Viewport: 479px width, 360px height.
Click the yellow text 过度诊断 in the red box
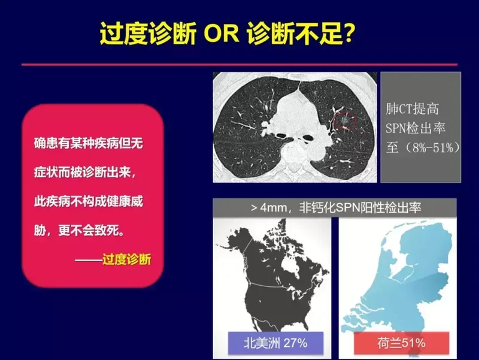[x=127, y=259]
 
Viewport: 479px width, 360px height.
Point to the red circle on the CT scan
[x=345, y=120]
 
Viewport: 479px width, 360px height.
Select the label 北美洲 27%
[x=275, y=343]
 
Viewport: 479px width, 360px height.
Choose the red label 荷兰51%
[x=401, y=343]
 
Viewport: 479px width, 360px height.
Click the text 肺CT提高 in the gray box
[x=412, y=109]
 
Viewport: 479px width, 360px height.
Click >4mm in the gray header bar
[x=269, y=208]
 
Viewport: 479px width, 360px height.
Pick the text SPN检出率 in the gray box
[x=415, y=128]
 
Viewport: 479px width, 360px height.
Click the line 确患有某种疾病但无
[x=89, y=143]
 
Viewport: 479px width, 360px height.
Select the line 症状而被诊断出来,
[x=85, y=173]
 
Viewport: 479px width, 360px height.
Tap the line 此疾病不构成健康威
[x=89, y=201]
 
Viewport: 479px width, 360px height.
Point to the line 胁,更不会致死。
[x=80, y=231]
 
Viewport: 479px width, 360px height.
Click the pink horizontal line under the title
[x=239, y=65]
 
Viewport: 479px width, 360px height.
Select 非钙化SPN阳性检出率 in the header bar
[x=360, y=208]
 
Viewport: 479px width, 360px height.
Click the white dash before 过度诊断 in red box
[x=89, y=260]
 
